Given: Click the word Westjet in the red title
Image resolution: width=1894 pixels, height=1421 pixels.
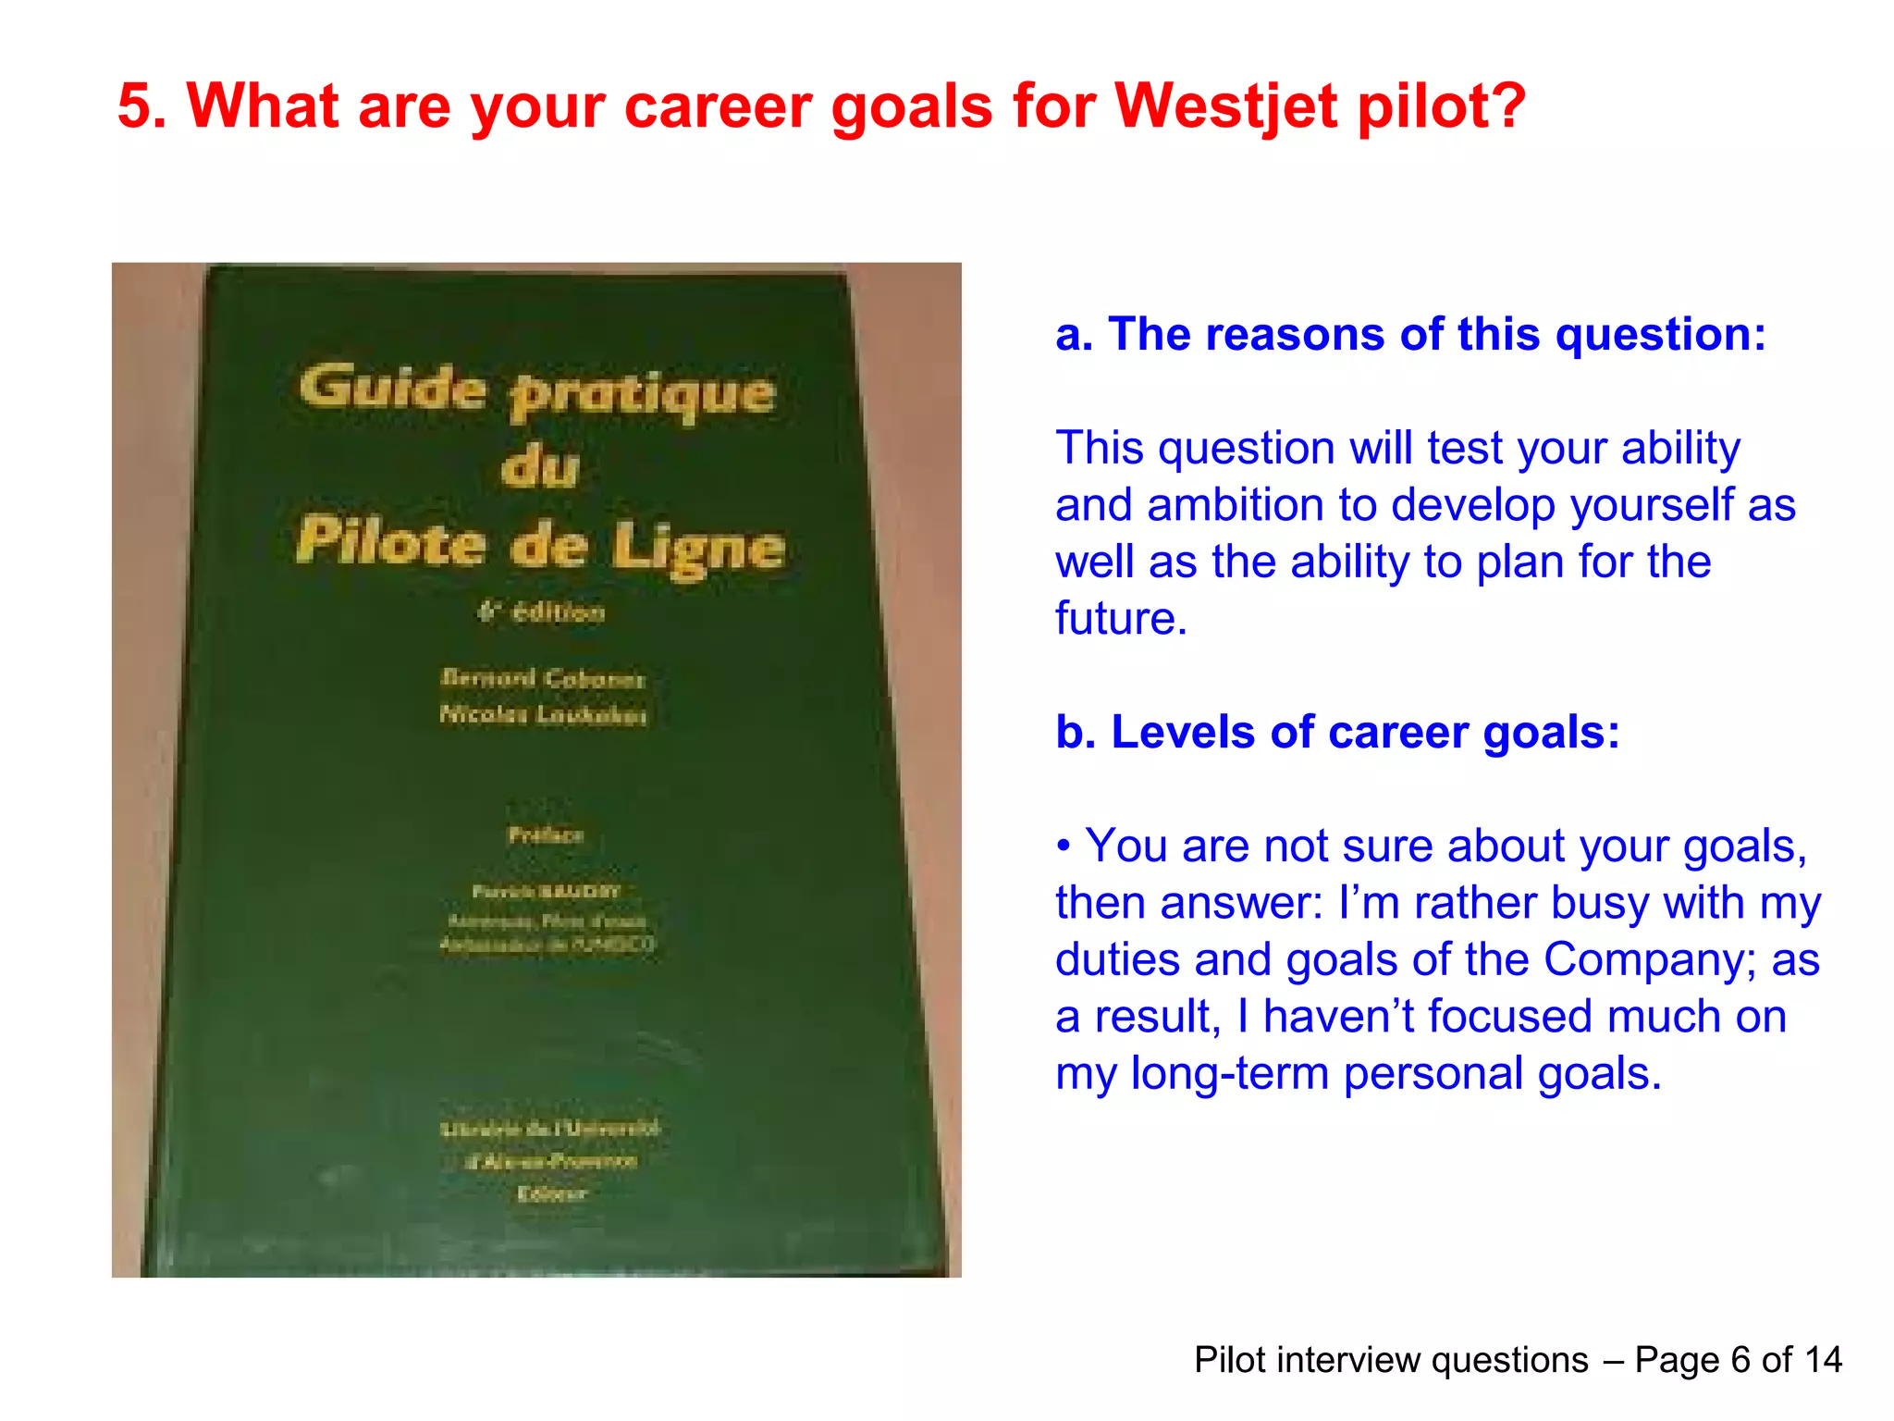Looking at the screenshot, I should (1225, 106).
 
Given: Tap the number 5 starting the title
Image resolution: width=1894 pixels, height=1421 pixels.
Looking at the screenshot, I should (135, 106).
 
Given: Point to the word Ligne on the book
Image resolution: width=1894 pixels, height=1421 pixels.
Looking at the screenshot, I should (698, 548).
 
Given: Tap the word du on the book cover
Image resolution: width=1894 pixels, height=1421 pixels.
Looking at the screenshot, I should (540, 467).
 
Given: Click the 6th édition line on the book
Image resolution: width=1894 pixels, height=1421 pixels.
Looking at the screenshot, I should (542, 612).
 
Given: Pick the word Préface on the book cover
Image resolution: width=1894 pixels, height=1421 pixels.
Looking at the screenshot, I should (546, 835).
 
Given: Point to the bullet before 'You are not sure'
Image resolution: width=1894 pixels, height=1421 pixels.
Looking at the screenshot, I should (1064, 846).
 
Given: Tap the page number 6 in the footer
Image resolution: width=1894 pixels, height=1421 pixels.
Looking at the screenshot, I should (1740, 1360).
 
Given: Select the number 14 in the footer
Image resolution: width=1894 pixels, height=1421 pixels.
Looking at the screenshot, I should (1823, 1360).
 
